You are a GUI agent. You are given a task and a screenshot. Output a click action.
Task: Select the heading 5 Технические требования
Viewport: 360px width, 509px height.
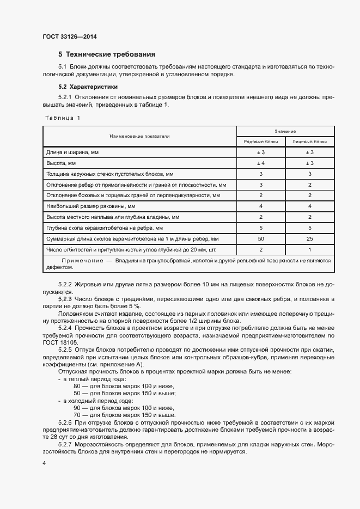pyautogui.click(x=107, y=54)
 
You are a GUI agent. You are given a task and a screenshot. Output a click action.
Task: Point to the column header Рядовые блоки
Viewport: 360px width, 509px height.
pyautogui.click(x=260, y=142)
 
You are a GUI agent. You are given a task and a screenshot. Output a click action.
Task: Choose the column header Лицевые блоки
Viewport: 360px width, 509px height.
pyautogui.click(x=309, y=142)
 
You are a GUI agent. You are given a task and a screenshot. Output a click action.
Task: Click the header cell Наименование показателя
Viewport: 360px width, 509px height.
pyautogui.click(x=139, y=136)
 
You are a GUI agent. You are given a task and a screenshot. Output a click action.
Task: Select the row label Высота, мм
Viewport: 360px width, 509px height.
pyautogui.click(x=61, y=163)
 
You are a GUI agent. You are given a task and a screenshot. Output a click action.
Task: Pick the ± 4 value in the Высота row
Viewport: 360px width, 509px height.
pyautogui.click(x=260, y=163)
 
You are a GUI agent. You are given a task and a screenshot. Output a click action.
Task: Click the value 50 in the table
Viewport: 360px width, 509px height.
pyautogui.click(x=260, y=239)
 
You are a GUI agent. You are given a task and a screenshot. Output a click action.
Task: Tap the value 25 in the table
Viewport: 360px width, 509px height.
pyautogui.click(x=309, y=239)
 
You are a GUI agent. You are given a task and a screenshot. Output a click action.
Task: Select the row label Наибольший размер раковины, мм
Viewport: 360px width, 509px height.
pyautogui.click(x=87, y=206)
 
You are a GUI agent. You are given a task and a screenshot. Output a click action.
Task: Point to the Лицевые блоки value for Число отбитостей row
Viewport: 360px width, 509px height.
pyautogui.click(x=309, y=250)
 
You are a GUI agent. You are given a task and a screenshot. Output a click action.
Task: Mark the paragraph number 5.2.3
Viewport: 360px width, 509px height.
pyautogui.click(x=65, y=300)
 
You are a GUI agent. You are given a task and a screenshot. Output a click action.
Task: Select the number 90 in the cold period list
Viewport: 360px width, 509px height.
pyautogui.click(x=77, y=407)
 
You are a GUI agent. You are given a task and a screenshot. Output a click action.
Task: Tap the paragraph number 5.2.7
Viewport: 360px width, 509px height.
pyautogui.click(x=65, y=445)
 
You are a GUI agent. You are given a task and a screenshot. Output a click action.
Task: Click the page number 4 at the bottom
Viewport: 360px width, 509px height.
pyautogui.click(x=44, y=463)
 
